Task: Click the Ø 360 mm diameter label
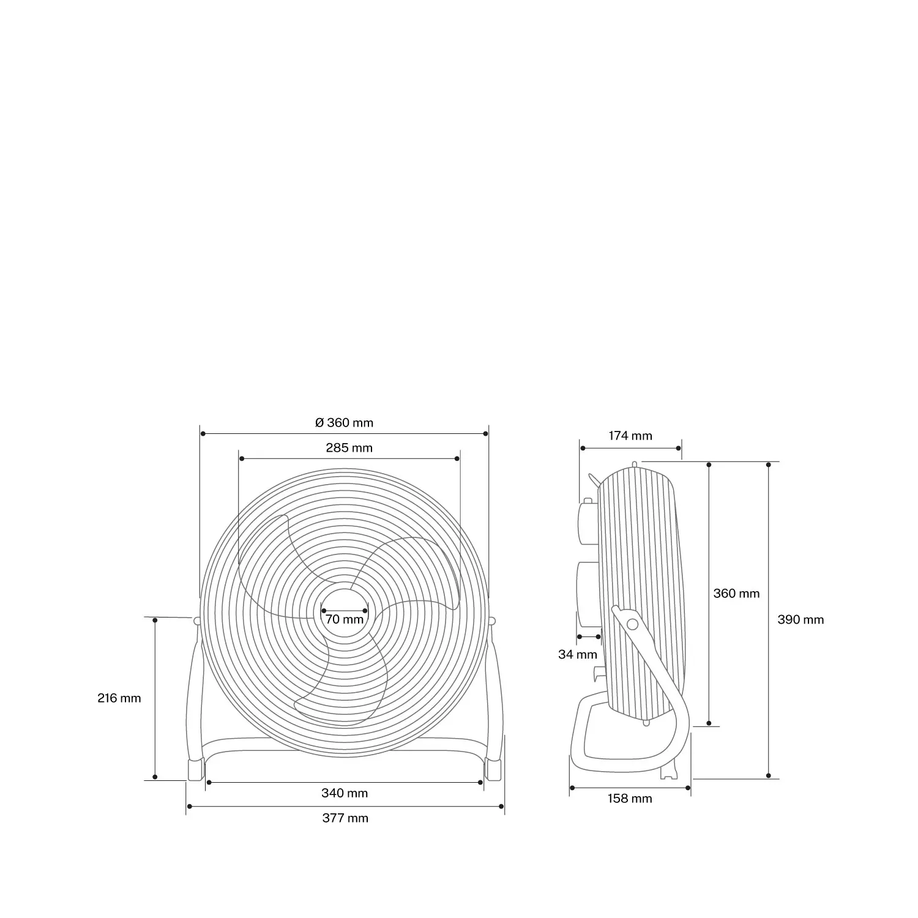pyautogui.click(x=344, y=423)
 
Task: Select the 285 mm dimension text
pyautogui.click(x=349, y=448)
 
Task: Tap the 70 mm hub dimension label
pyautogui.click(x=345, y=619)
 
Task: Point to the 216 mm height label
pyautogui.click(x=119, y=698)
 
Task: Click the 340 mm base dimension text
pyautogui.click(x=345, y=794)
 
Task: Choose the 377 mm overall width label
pyautogui.click(x=345, y=819)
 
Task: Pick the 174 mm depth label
pyautogui.click(x=630, y=436)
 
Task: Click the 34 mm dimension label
pyautogui.click(x=577, y=655)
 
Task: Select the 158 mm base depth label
pyautogui.click(x=630, y=799)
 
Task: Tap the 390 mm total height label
pyautogui.click(x=800, y=620)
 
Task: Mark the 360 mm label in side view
pyautogui.click(x=736, y=594)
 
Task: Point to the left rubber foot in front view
pyautogui.click(x=195, y=769)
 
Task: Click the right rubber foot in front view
pyautogui.click(x=493, y=769)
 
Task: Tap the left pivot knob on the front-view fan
pyautogui.click(x=196, y=621)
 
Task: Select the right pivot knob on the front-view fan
pyautogui.click(x=492, y=621)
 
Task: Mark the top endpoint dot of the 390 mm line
pyautogui.click(x=769, y=465)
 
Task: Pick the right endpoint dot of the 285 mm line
pyautogui.click(x=457, y=458)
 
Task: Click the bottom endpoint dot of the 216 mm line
pyautogui.click(x=155, y=777)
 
